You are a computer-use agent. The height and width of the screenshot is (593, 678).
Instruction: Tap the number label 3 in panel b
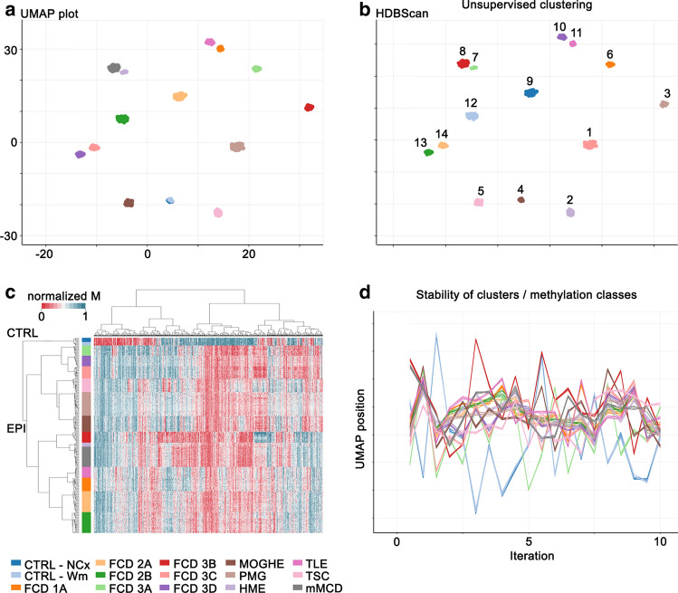click(x=666, y=93)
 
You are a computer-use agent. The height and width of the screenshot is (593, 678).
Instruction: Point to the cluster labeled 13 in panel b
click(x=428, y=152)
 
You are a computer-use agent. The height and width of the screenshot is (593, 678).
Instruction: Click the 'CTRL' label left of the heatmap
click(x=17, y=335)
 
